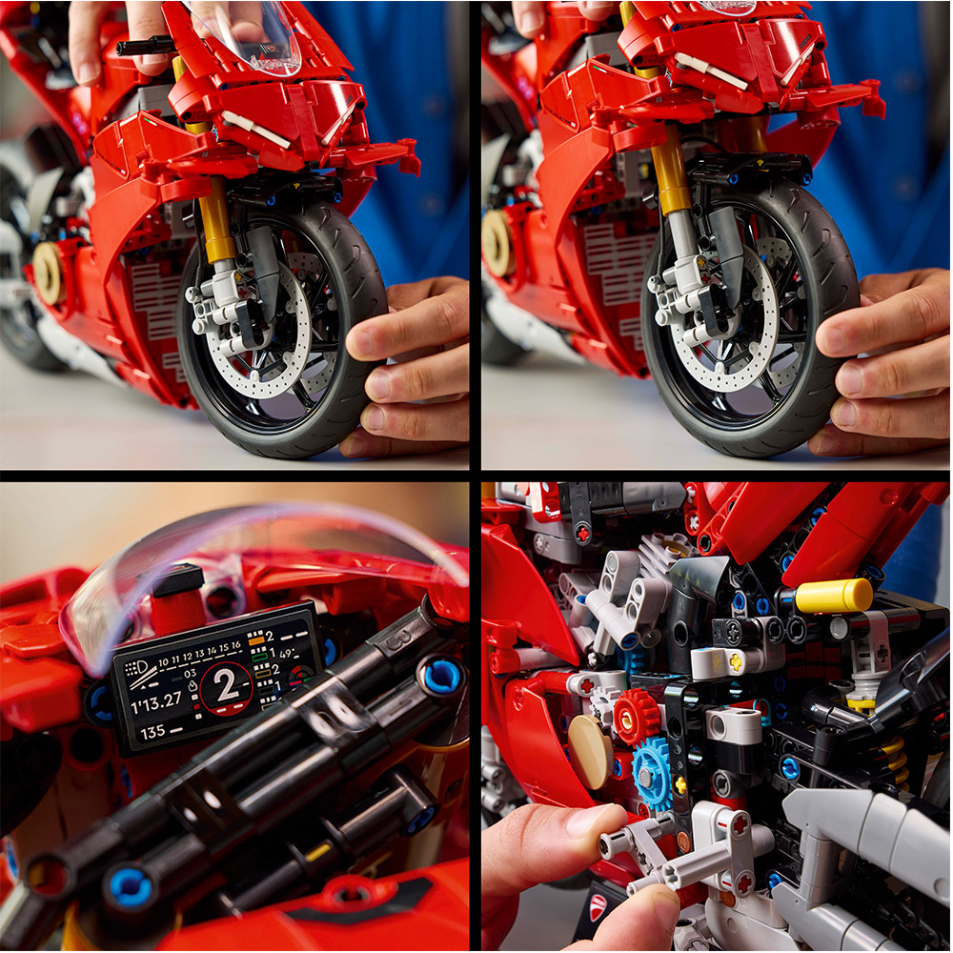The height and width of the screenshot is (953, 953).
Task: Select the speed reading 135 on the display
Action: (152, 733)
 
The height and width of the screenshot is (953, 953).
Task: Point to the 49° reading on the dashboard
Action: (289, 654)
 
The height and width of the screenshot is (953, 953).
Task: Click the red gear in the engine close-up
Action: (637, 716)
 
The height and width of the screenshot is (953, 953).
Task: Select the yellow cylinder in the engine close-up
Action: (833, 596)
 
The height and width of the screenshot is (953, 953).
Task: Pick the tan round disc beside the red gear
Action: (591, 750)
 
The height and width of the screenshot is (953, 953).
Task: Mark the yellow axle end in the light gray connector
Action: (735, 659)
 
